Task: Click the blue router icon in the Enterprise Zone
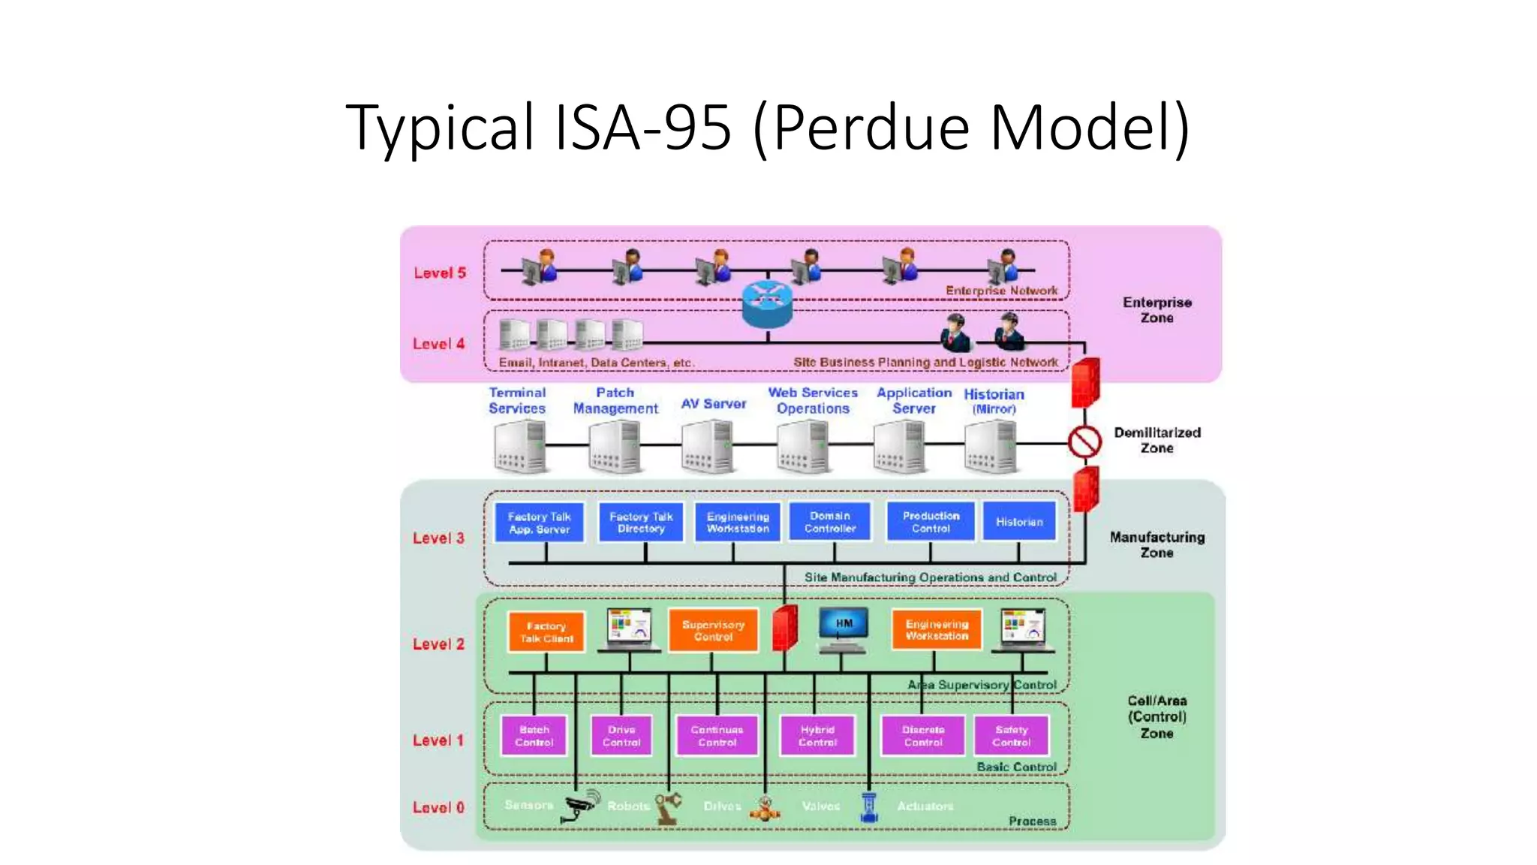pos(767,303)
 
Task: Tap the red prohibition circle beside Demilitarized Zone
pos(1084,442)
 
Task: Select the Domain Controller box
pos(830,522)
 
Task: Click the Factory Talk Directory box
pos(641,522)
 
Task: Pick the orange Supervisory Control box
pos(713,630)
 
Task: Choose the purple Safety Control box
pos(1011,736)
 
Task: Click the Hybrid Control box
pos(817,736)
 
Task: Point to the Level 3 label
pos(438,538)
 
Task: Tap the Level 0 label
pos(438,808)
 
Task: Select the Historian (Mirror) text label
pos(994,400)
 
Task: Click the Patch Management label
pos(615,400)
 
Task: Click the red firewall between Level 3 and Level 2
pos(784,628)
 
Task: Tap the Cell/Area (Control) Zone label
pos(1157,717)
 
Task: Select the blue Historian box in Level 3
pos(1018,522)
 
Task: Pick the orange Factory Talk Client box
pos(546,632)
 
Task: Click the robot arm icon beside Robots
pos(667,809)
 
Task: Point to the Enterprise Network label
pos(1001,291)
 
